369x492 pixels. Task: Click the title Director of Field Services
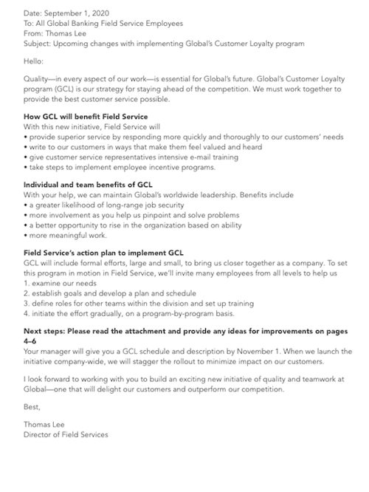66,435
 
